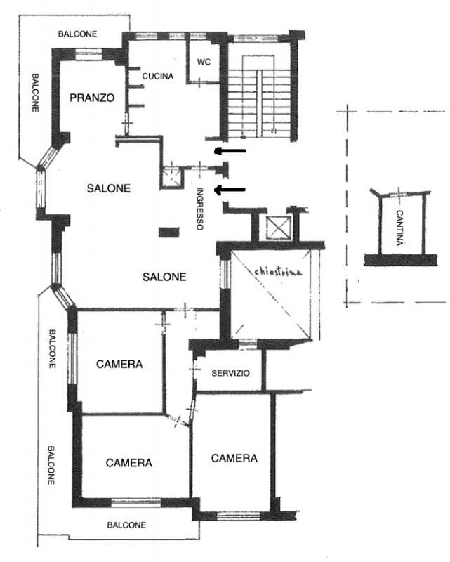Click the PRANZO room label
click(x=92, y=98)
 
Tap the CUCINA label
click(x=158, y=77)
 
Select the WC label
click(x=204, y=62)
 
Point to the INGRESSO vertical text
click(x=200, y=209)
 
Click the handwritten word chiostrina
click(x=278, y=271)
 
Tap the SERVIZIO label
click(x=230, y=373)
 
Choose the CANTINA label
click(x=399, y=228)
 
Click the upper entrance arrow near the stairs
click(x=230, y=151)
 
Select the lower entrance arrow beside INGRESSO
click(x=230, y=190)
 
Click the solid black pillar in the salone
click(x=168, y=233)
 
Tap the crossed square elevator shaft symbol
click(x=279, y=227)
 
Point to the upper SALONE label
click(x=109, y=188)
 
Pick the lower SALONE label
click(x=164, y=277)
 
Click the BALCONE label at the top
click(x=78, y=34)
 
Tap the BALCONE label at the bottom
click(x=126, y=525)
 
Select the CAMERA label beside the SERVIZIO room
click(x=119, y=364)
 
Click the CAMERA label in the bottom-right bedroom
click(x=234, y=458)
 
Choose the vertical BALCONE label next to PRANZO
click(x=35, y=93)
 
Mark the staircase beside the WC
click(x=259, y=97)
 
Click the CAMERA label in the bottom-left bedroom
click(x=129, y=463)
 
